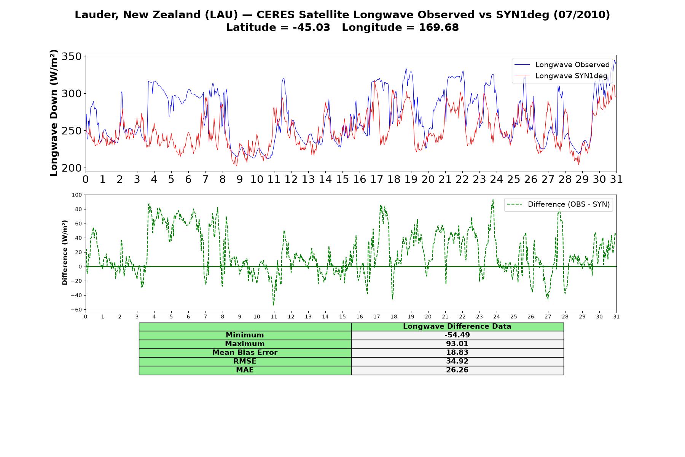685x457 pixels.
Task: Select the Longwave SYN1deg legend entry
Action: tap(561, 76)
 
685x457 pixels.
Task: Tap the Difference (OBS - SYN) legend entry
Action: tap(559, 205)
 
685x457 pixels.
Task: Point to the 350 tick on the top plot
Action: tap(72, 56)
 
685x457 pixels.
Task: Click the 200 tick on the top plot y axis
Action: tap(72, 168)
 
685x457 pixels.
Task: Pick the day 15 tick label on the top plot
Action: tap(342, 179)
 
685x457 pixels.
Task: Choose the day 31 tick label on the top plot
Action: tap(616, 179)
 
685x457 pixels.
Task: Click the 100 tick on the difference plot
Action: tap(77, 195)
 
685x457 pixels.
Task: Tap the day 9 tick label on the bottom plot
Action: tap(240, 316)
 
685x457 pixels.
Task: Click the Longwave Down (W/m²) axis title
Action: tap(54, 113)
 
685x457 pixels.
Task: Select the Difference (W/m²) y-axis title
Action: tap(65, 252)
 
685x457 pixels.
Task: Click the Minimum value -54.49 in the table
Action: tap(457, 335)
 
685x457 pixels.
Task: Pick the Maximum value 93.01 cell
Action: tap(457, 344)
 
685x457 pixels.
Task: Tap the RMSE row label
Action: tap(245, 361)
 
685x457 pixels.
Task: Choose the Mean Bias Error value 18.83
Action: tap(457, 353)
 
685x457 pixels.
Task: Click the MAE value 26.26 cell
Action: tap(457, 370)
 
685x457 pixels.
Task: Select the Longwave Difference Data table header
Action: tap(457, 326)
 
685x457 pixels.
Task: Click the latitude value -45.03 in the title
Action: tap(311, 27)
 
